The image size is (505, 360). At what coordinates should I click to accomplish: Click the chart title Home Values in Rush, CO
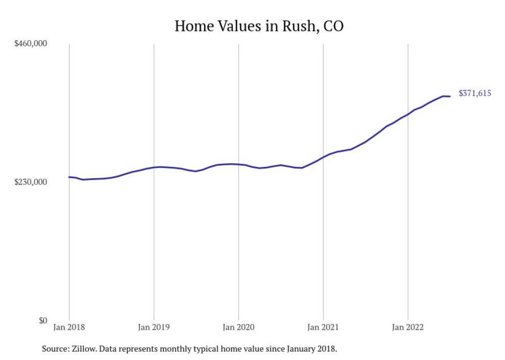259,26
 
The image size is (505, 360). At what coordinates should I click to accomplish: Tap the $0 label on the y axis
43,320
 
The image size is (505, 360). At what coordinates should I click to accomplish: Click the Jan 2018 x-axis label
69,327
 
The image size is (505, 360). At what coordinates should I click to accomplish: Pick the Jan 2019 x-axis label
154,327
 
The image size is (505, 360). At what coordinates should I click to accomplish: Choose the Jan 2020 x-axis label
239,327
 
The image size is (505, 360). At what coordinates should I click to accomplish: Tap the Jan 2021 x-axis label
323,327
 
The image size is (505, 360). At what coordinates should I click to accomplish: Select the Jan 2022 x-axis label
408,327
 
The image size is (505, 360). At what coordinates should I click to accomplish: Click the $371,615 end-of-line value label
475,93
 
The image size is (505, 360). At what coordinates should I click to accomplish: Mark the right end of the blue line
450,96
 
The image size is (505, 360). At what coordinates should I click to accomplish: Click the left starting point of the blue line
70,177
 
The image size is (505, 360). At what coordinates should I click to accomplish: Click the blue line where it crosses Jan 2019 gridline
154,167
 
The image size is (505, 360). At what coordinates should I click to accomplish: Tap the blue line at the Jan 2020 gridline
239,164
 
